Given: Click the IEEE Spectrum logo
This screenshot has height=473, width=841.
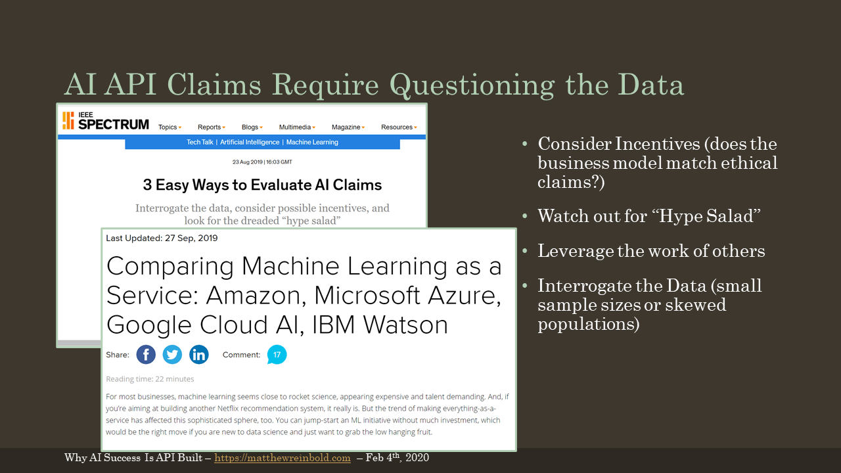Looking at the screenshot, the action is click(106, 121).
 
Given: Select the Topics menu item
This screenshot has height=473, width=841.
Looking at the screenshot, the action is click(170, 127).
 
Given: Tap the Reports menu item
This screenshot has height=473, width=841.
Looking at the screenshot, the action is click(212, 127).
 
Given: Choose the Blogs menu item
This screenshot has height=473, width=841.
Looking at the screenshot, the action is click(252, 127).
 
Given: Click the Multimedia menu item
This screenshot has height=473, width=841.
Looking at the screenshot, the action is click(297, 127).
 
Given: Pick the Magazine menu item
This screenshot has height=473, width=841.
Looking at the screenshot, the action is click(348, 127).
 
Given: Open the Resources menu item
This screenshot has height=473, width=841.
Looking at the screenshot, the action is click(399, 127).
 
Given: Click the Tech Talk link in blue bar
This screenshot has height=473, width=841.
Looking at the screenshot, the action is click(200, 143).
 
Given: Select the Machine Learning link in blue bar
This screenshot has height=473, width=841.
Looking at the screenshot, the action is click(312, 143).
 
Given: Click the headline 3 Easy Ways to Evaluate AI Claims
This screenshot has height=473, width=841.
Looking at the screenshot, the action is click(262, 185).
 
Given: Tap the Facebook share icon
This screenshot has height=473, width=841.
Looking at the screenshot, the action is click(146, 355).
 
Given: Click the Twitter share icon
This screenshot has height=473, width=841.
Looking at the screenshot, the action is click(172, 355).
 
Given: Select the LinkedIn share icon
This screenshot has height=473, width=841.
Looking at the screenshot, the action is click(198, 355).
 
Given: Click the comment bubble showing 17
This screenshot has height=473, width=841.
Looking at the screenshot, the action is click(277, 355).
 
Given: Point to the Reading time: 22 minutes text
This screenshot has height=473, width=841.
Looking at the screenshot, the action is click(150, 379).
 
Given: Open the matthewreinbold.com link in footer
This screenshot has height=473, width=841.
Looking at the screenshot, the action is click(283, 458).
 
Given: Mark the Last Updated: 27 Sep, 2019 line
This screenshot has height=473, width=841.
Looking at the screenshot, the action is click(162, 238).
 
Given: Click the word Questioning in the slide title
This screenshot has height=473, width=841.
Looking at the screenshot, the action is click(472, 85).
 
